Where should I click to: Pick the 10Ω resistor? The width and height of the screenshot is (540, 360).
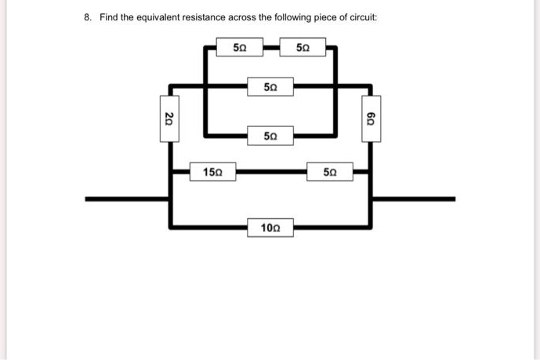271,227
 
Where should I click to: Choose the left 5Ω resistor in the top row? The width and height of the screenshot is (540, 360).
240,48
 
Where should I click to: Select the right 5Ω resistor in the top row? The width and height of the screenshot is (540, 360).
304,48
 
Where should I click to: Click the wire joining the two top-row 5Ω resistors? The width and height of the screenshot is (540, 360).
272,48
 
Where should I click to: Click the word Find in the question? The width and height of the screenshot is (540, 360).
110,17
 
